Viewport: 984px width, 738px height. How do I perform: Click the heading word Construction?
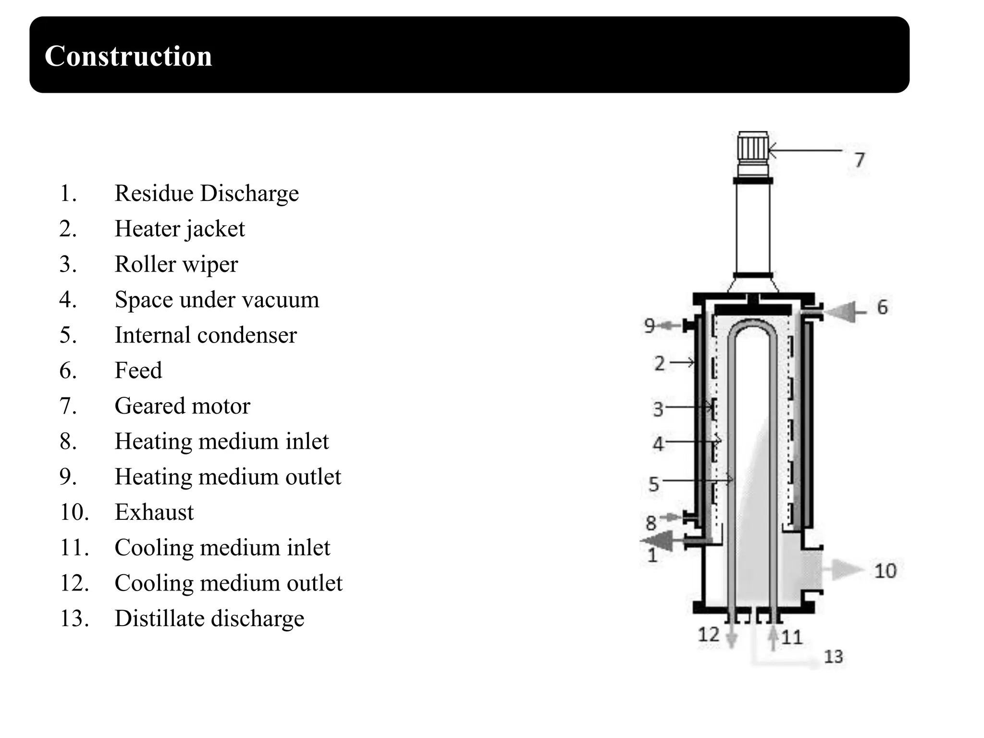(x=128, y=56)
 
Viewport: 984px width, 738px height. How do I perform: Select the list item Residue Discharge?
(x=207, y=193)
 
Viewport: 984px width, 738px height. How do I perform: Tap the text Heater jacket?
(x=180, y=229)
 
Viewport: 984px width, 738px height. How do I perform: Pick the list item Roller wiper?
(x=176, y=264)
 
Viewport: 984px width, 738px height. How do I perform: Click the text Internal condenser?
(x=206, y=335)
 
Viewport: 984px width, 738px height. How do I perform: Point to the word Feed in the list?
(x=138, y=370)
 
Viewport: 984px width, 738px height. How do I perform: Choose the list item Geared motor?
(x=183, y=406)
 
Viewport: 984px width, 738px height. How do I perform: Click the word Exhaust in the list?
(x=154, y=512)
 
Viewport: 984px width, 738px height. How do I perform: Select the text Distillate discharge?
(x=209, y=618)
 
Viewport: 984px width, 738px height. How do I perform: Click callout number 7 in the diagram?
(x=860, y=160)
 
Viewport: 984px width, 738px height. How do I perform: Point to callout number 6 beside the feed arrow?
(x=883, y=307)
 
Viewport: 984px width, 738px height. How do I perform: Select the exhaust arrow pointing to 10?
(x=847, y=570)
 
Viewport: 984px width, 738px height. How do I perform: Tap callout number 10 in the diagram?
(x=886, y=571)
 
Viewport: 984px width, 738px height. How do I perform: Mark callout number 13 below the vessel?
(x=834, y=657)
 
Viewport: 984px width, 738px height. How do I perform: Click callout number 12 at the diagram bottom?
(x=709, y=635)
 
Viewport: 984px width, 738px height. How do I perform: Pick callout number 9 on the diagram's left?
(x=650, y=326)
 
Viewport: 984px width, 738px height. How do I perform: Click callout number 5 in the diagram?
(x=653, y=484)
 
